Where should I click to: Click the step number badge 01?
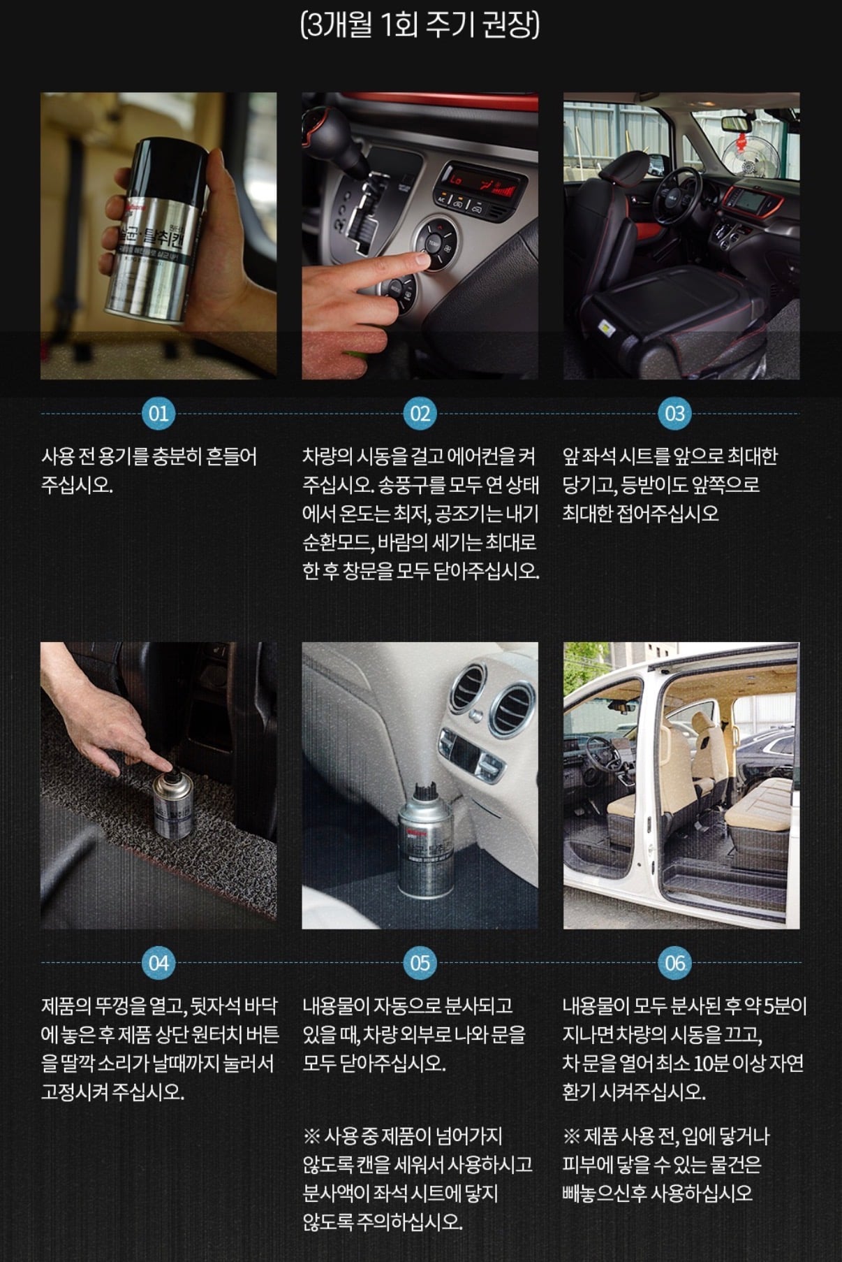[158, 414]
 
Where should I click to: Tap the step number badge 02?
[420, 414]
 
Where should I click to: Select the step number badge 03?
[674, 414]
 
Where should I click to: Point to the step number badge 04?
[158, 963]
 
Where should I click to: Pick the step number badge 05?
[420, 963]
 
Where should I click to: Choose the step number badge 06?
[674, 963]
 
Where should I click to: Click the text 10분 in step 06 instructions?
[711, 1064]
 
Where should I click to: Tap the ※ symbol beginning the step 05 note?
[311, 1137]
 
